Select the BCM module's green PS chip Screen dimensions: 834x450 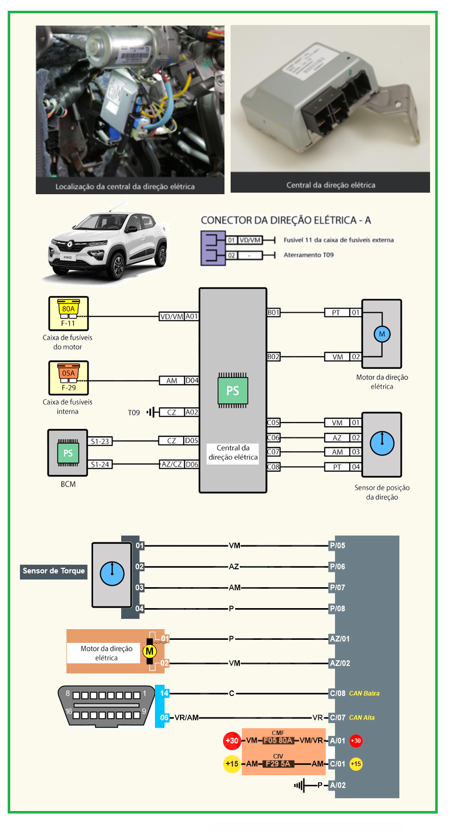[x=68, y=453]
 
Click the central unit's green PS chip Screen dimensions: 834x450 [x=233, y=390]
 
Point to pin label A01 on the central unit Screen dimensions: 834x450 [x=192, y=316]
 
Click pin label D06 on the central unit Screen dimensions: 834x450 [x=192, y=464]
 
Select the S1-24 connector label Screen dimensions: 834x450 [x=100, y=464]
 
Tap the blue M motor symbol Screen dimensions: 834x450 [x=382, y=334]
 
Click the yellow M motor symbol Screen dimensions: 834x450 [x=149, y=651]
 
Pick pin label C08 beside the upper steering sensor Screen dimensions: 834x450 [x=274, y=467]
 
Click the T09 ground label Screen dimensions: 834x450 [x=133, y=412]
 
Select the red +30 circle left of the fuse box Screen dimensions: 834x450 [x=232, y=740]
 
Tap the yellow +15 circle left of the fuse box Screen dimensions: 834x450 [x=232, y=764]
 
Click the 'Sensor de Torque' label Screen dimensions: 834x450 [x=54, y=571]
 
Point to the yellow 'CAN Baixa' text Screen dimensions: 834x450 [x=364, y=693]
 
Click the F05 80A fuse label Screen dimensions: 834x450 [x=278, y=740]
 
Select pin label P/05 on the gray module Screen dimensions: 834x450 [x=337, y=545]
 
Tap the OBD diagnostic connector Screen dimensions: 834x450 [x=106, y=705]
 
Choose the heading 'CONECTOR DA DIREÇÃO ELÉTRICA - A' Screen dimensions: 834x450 [x=286, y=220]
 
